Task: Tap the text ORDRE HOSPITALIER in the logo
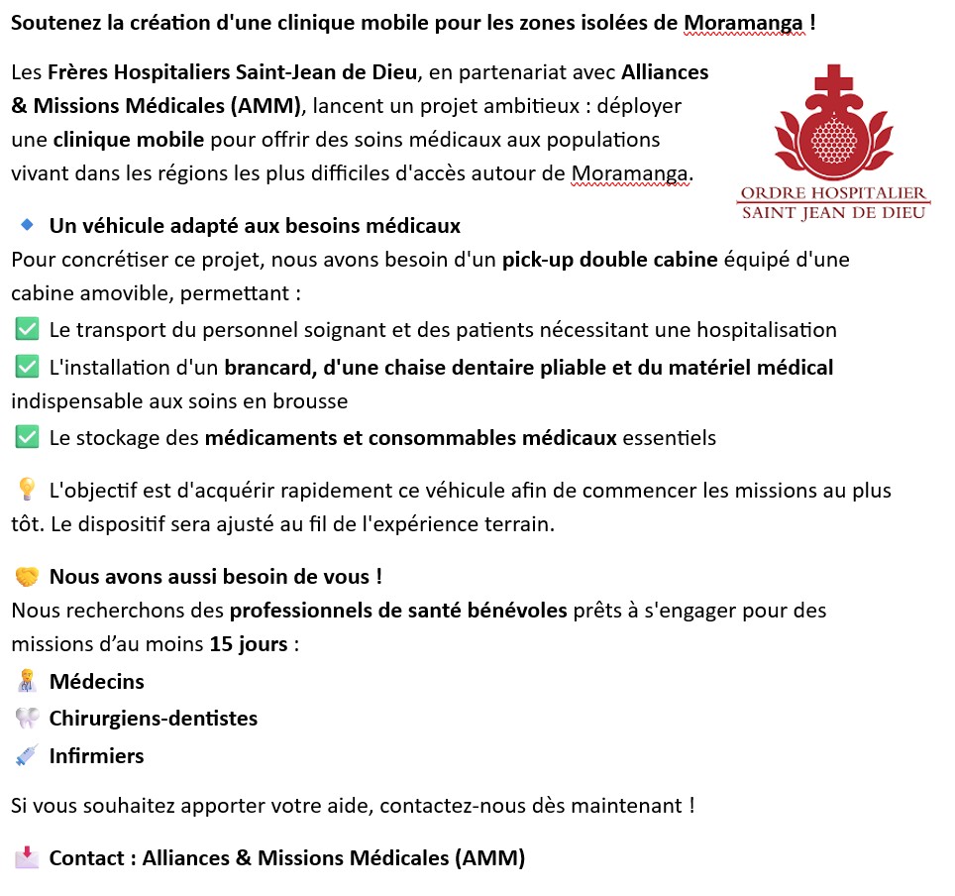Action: [834, 192]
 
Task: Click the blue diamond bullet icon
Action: [28, 226]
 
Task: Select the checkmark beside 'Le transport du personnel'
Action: [27, 329]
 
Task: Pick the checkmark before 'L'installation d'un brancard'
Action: [27, 367]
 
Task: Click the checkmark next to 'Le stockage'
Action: [27, 437]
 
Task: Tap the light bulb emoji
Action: [27, 490]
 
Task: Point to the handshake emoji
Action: [27, 577]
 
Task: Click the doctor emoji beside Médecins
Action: [27, 682]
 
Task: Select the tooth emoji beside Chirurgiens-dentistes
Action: [27, 719]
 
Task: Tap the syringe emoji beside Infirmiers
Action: [27, 756]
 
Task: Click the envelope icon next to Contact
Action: [27, 857]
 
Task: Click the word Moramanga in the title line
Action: [743, 22]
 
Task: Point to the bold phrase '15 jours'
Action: [249, 644]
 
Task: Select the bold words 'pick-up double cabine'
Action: [608, 260]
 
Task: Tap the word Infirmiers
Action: [96, 756]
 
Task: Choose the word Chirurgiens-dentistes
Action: [154, 719]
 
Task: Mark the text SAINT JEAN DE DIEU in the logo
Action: [834, 211]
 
